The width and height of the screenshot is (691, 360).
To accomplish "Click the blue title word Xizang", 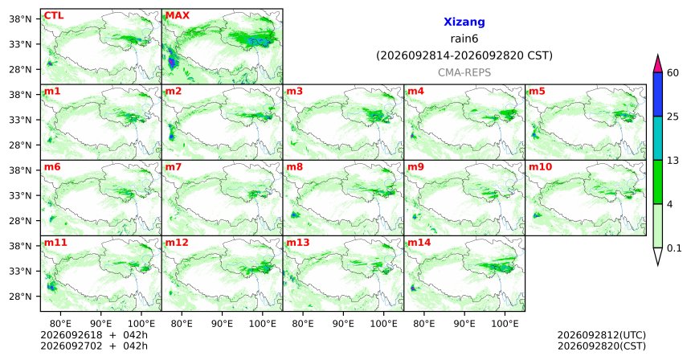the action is (464, 22).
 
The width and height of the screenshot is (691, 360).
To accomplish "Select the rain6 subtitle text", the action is (464, 39).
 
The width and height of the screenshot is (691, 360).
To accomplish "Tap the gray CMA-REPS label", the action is (464, 72).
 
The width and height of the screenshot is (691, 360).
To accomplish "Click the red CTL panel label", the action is (54, 16).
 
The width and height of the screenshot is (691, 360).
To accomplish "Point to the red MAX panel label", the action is (177, 16).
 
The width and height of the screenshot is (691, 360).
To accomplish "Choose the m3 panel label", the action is (295, 92).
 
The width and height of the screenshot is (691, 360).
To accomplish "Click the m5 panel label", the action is (538, 92).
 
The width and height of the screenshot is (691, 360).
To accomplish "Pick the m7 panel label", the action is (174, 167).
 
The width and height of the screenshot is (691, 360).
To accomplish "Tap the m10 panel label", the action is (540, 167).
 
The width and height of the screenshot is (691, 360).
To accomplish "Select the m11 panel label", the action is (55, 243).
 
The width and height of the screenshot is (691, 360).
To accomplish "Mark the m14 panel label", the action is (419, 243).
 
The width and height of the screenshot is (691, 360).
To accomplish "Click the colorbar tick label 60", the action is (673, 73).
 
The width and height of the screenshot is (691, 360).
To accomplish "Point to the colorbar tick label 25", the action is (673, 117).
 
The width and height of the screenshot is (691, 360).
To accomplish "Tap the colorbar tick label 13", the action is (673, 161).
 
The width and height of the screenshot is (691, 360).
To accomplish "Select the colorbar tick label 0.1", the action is (674, 248).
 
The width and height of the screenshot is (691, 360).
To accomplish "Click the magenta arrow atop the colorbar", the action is (658, 64).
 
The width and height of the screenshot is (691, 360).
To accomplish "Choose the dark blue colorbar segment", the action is (658, 94).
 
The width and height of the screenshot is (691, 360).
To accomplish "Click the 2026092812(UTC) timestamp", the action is (602, 336).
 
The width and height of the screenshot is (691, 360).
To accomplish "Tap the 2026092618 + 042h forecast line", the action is (94, 335).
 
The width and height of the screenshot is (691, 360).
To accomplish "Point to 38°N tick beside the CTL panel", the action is (21, 19).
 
